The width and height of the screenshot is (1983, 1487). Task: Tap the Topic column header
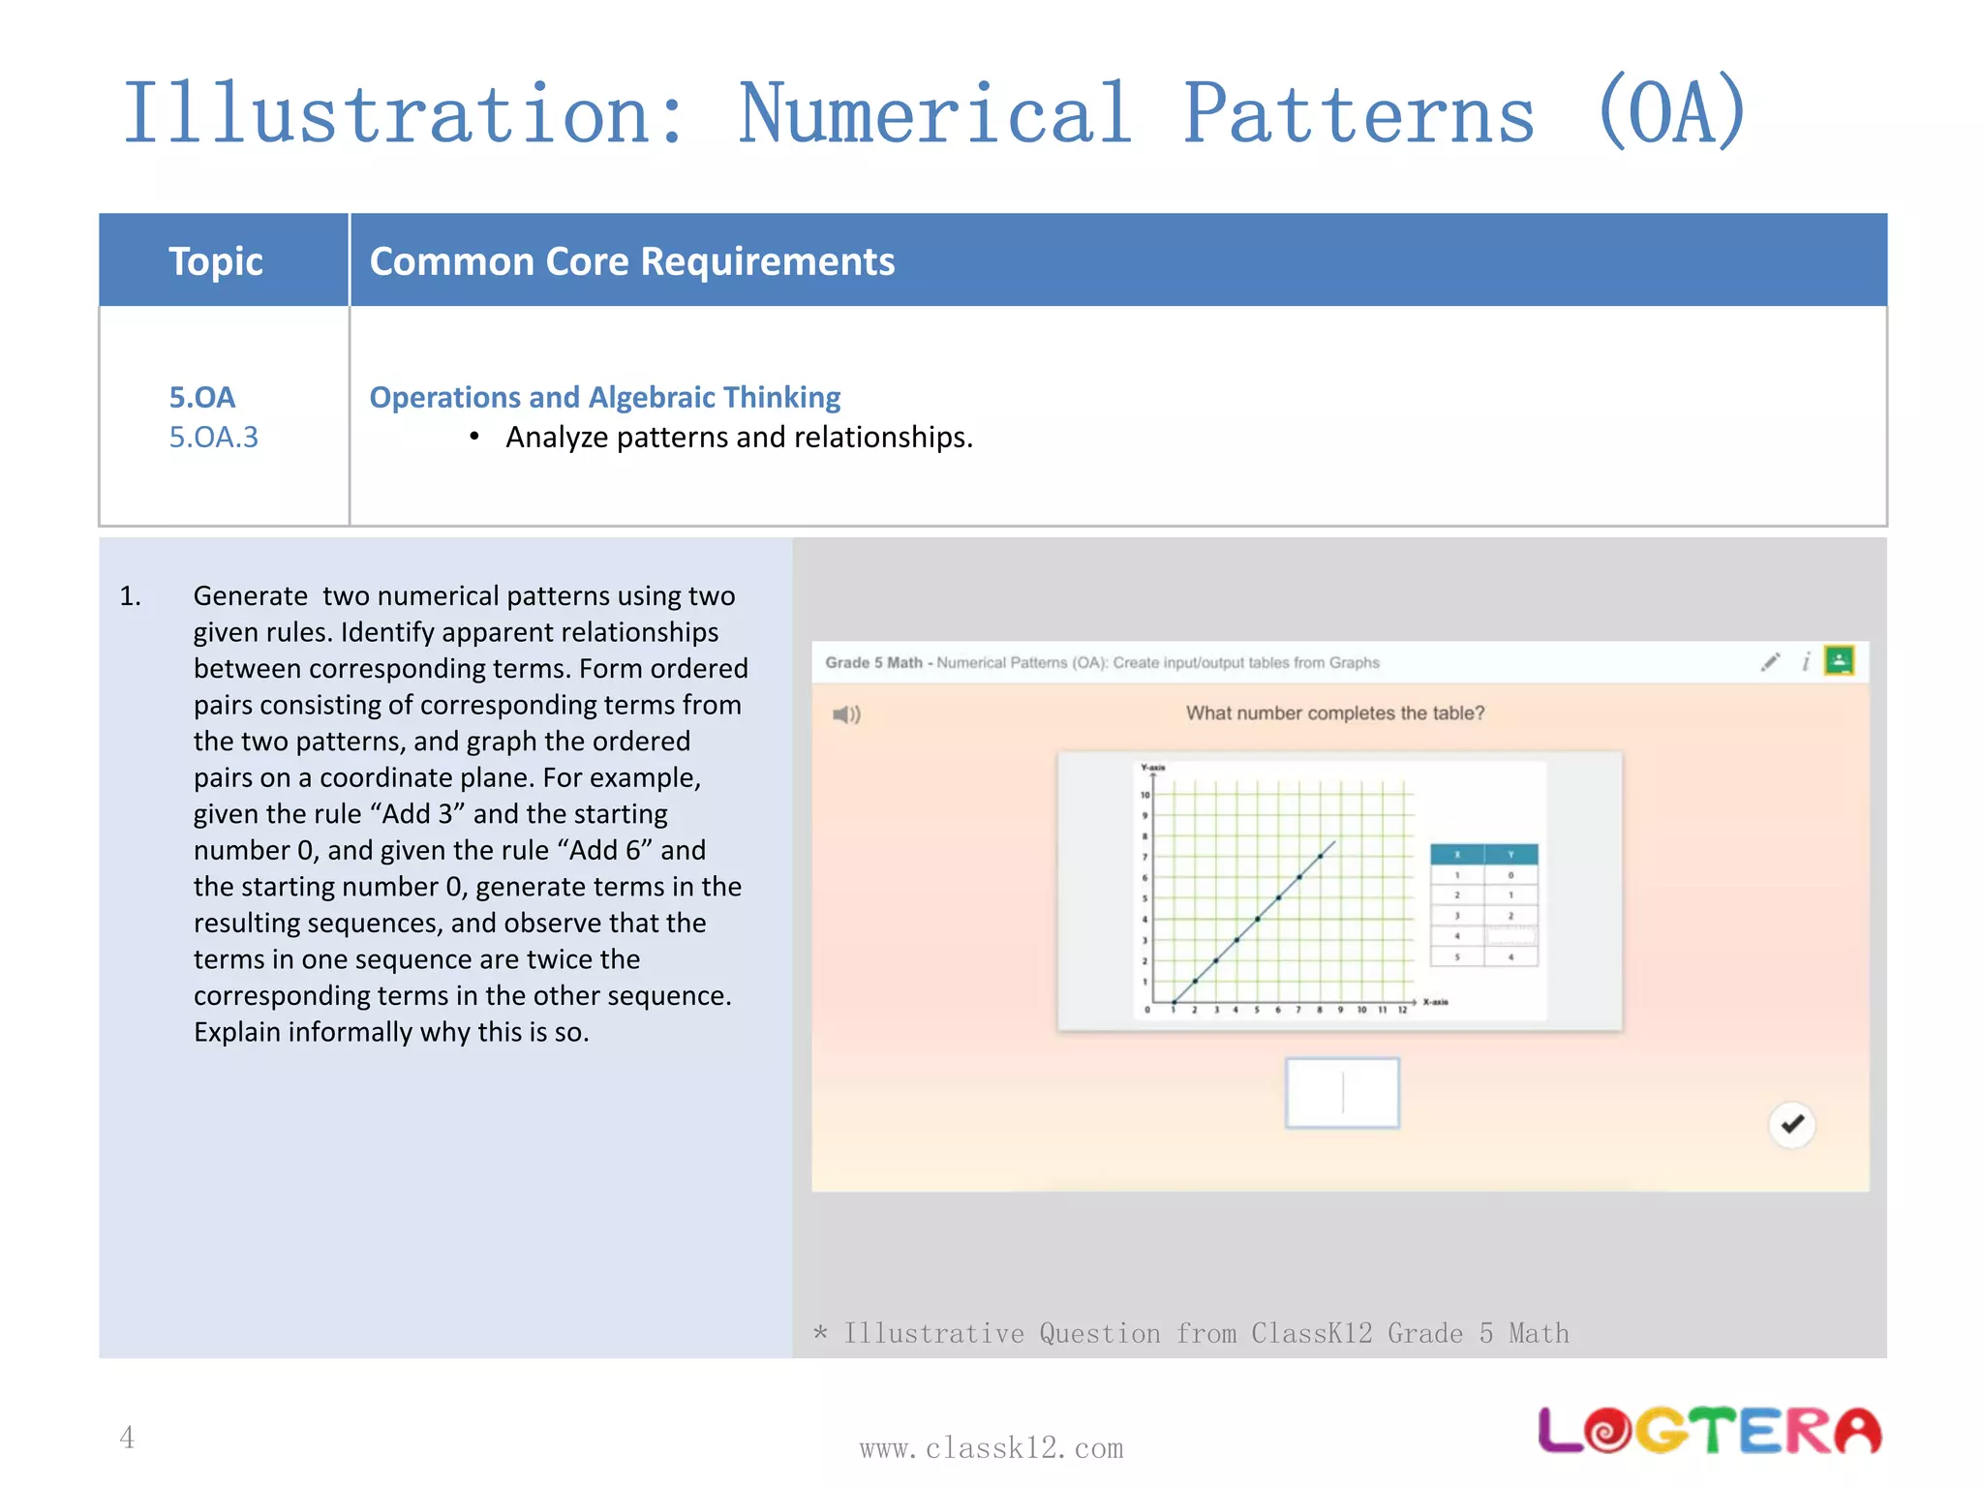(x=215, y=261)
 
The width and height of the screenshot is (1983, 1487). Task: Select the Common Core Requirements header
(x=632, y=261)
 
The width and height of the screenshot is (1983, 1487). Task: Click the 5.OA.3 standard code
(x=213, y=438)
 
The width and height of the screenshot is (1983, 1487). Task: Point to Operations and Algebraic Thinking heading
(x=604, y=397)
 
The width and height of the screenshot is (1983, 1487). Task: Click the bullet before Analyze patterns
(x=474, y=438)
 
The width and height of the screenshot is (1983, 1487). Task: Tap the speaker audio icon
(x=845, y=714)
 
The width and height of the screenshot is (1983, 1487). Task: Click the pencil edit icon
(x=1770, y=662)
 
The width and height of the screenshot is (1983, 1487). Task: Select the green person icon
(x=1839, y=661)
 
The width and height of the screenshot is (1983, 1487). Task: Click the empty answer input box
(x=1342, y=1093)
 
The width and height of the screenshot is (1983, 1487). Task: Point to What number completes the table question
(x=1334, y=713)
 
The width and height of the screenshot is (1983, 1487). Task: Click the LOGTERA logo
(x=1709, y=1431)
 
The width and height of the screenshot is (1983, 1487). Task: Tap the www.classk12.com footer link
(x=991, y=1448)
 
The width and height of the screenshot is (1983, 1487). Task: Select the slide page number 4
(x=127, y=1438)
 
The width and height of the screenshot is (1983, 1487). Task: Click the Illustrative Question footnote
(x=1191, y=1334)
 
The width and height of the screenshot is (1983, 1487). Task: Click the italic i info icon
(x=1805, y=662)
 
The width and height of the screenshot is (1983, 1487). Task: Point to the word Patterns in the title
(x=1358, y=114)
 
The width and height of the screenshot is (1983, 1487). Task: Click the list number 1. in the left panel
(x=131, y=596)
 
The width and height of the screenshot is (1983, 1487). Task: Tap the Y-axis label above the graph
(x=1152, y=768)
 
